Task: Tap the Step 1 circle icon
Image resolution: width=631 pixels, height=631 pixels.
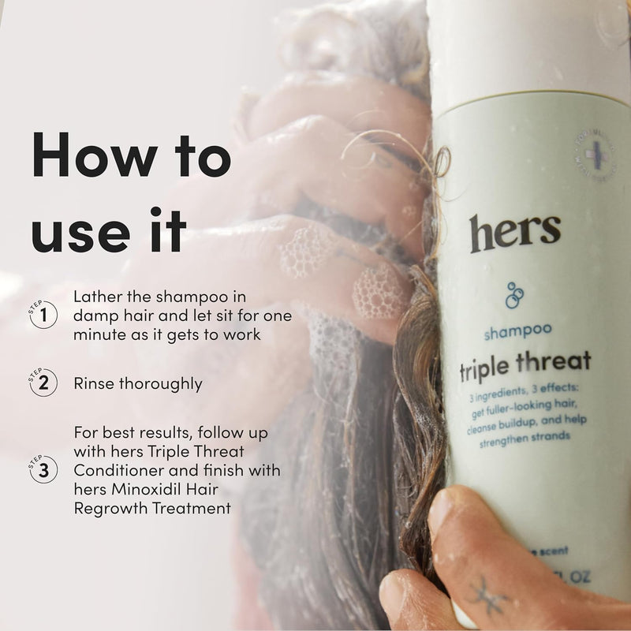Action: click(x=43, y=315)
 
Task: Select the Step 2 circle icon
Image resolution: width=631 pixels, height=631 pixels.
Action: click(x=43, y=383)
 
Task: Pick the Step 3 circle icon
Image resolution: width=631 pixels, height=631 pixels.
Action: click(x=43, y=470)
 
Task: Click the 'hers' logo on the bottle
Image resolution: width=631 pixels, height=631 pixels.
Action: click(x=515, y=232)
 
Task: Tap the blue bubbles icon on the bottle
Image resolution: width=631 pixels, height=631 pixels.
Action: click(x=514, y=294)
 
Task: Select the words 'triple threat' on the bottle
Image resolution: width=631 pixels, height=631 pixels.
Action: click(x=525, y=363)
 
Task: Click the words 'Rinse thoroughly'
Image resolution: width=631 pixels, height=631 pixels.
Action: click(x=138, y=384)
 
